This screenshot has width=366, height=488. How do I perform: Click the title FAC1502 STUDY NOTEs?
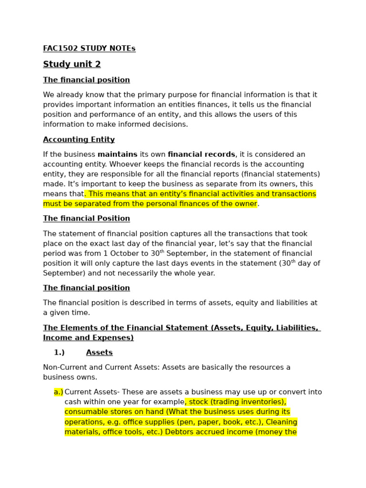pyautogui.click(x=89, y=49)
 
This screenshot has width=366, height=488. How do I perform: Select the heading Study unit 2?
pyautogui.click(x=71, y=64)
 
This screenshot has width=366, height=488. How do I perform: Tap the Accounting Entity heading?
pyautogui.click(x=79, y=140)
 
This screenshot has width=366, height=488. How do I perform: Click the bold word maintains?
pyautogui.click(x=117, y=154)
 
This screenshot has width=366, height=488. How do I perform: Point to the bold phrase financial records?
pyautogui.click(x=201, y=154)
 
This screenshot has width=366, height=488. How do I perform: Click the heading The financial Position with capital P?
pyautogui.click(x=86, y=218)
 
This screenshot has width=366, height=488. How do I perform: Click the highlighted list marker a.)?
pyautogui.click(x=59, y=392)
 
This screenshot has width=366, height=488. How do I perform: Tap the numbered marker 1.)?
pyautogui.click(x=59, y=353)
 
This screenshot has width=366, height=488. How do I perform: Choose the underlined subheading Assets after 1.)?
pyautogui.click(x=99, y=353)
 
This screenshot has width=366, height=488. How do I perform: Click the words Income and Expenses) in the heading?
pyautogui.click(x=88, y=338)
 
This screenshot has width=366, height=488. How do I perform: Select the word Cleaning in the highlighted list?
pyautogui.click(x=281, y=422)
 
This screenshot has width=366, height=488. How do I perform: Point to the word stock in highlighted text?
pyautogui.click(x=199, y=402)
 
